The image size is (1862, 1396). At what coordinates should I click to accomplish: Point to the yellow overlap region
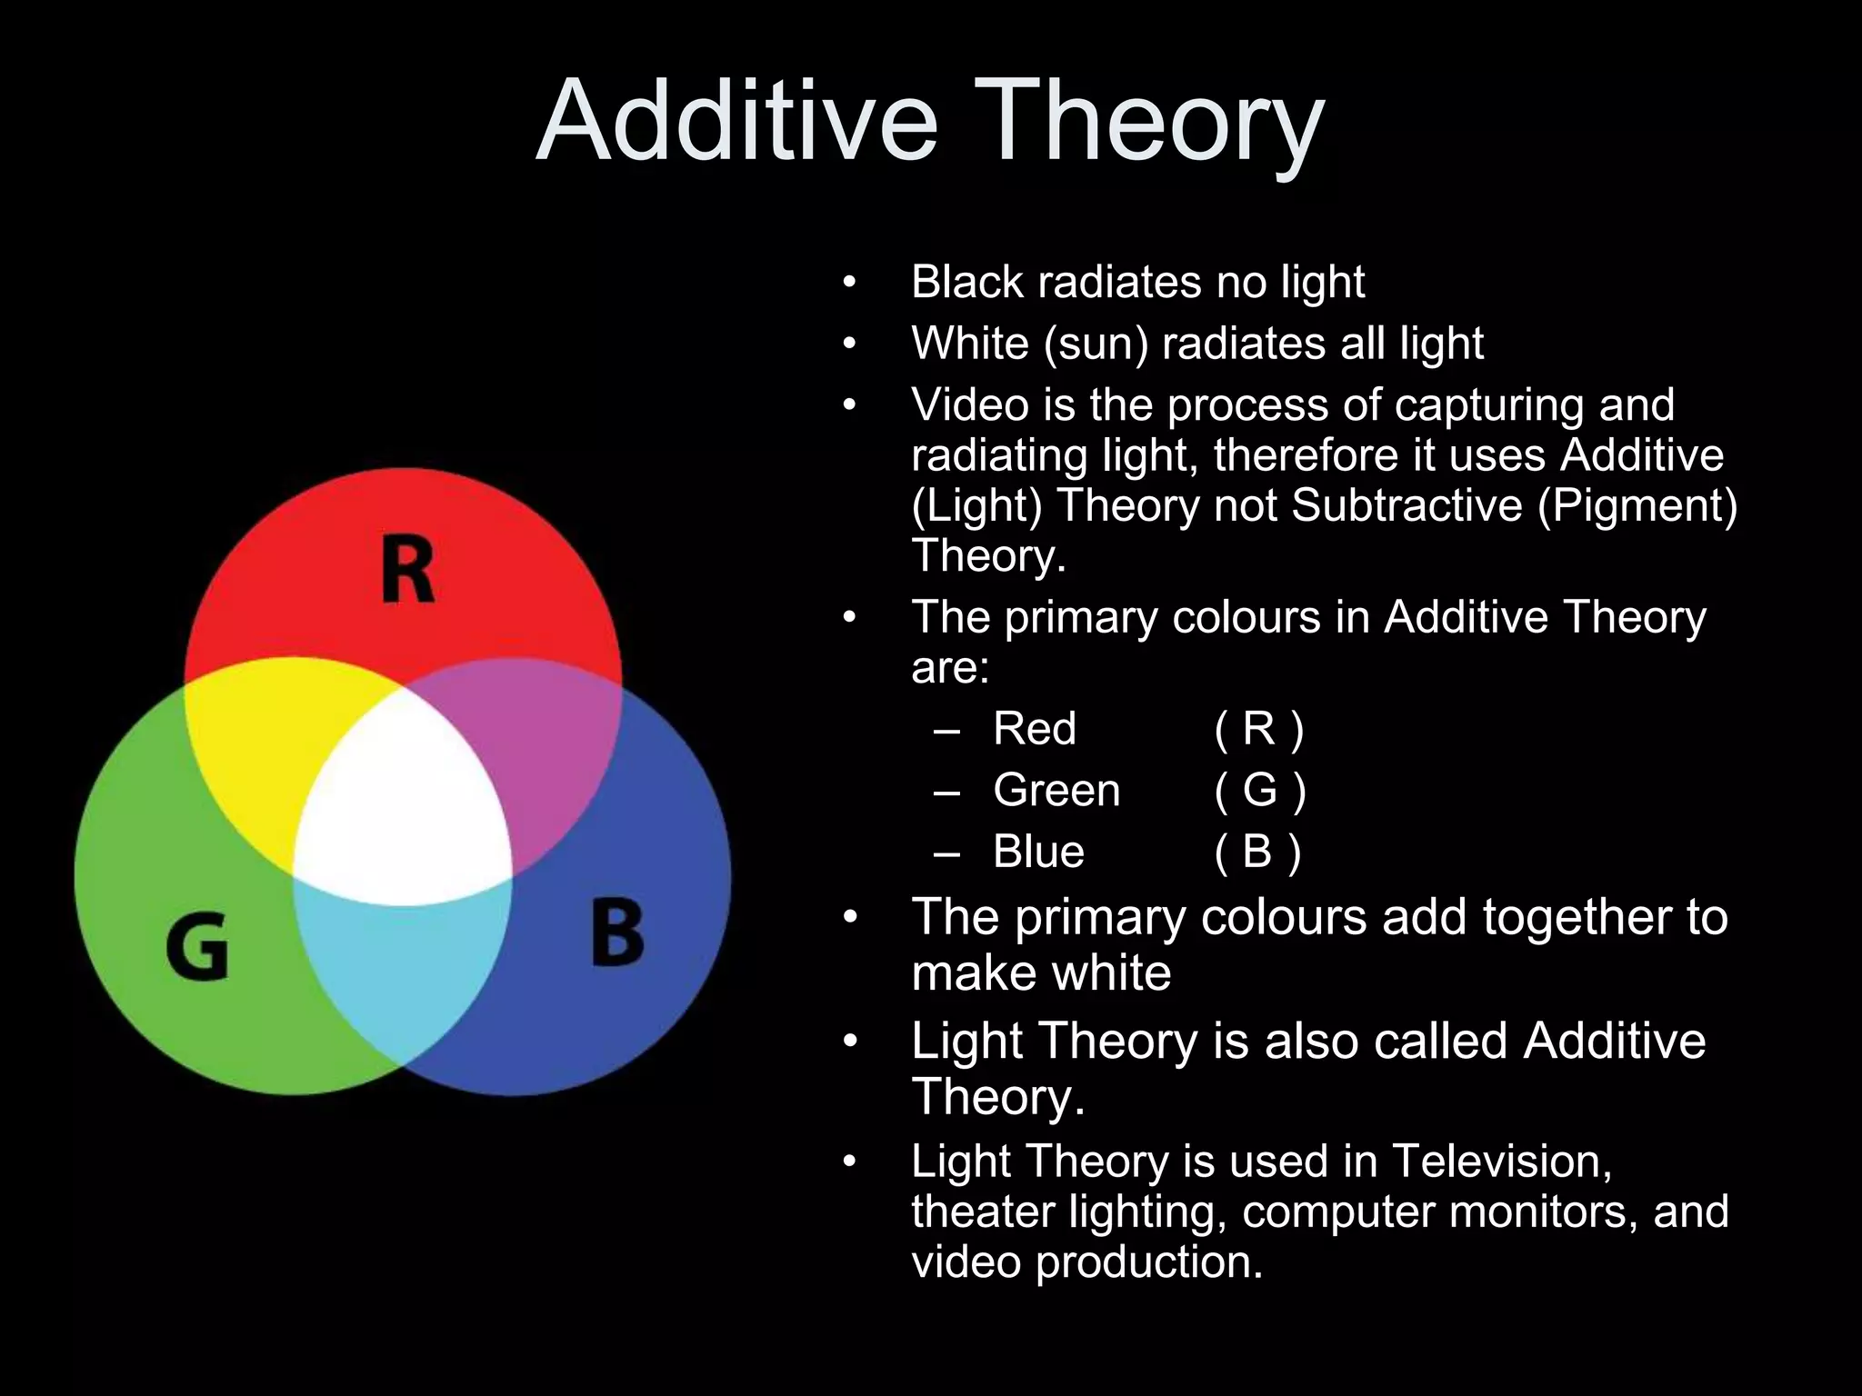tap(264, 736)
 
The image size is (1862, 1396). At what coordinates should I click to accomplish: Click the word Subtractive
tap(1406, 505)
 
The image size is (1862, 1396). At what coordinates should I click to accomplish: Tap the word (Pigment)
tap(1637, 505)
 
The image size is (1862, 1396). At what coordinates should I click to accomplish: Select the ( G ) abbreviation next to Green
tap(1260, 790)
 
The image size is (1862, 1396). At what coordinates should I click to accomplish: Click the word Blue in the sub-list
tap(1038, 852)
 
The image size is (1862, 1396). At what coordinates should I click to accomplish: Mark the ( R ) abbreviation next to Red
tap(1259, 728)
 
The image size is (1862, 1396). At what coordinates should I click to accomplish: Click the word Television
tap(1502, 1162)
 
